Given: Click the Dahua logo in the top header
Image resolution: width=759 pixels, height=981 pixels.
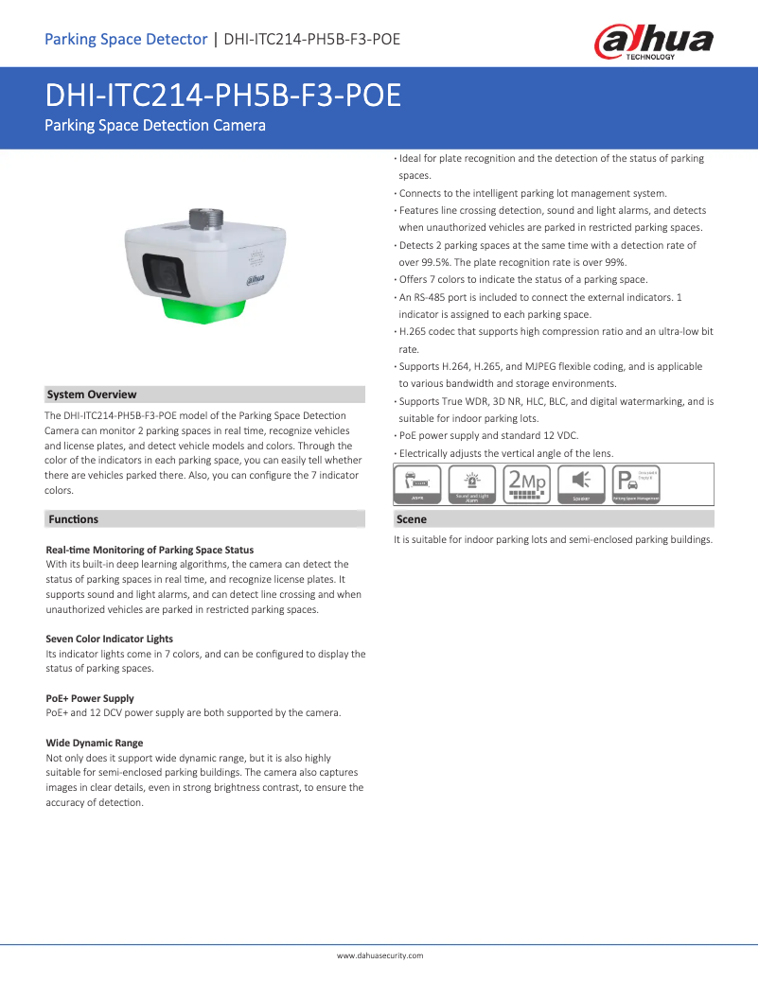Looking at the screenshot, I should coord(653,43).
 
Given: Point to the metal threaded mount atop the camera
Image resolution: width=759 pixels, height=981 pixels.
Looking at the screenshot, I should coord(206,219).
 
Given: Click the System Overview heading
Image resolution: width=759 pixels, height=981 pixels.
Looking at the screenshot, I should coord(92,394).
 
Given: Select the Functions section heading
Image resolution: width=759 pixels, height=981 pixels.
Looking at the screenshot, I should coord(73,519).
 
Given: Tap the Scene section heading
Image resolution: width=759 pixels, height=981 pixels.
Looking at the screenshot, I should coord(412,519).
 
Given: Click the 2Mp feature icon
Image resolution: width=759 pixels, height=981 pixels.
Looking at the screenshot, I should coord(526,483).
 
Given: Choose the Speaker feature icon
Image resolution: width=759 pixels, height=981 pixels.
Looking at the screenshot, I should coord(581,483).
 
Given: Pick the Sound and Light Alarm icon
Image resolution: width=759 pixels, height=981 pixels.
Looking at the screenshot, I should coord(471,483).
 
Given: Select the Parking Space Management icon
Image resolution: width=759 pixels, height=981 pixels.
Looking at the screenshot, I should coord(635,483).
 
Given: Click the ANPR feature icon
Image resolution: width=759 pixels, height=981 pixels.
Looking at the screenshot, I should coord(417,483).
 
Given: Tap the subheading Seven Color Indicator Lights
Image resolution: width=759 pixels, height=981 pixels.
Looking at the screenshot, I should coord(110,639).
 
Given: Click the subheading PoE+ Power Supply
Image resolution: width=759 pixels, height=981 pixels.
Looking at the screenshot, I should coord(90,698).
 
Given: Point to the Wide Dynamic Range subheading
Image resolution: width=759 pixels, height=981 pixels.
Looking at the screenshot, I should coord(95,743).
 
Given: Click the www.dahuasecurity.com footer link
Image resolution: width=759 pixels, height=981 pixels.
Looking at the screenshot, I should coord(379,956).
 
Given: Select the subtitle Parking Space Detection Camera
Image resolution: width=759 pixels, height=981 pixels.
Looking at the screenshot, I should coord(155,125).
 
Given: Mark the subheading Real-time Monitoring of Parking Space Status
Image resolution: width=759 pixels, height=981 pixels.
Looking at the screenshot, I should coord(150,550).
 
